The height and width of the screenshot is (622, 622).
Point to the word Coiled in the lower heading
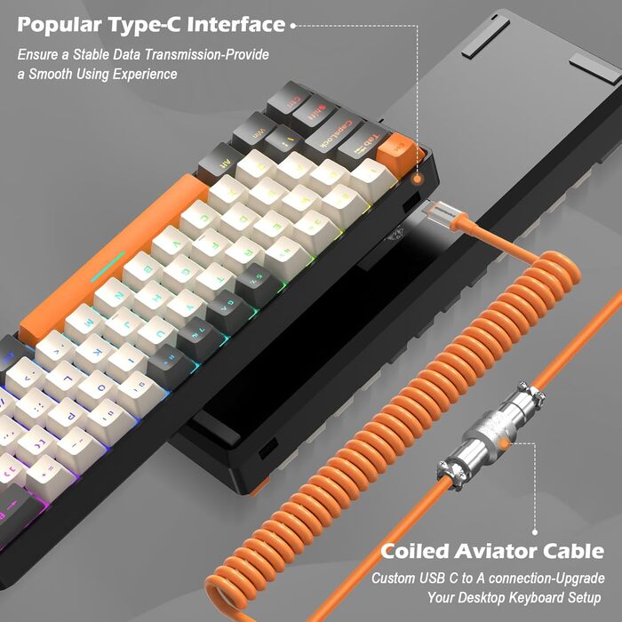(414, 551)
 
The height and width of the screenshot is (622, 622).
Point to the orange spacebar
(116, 258)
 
